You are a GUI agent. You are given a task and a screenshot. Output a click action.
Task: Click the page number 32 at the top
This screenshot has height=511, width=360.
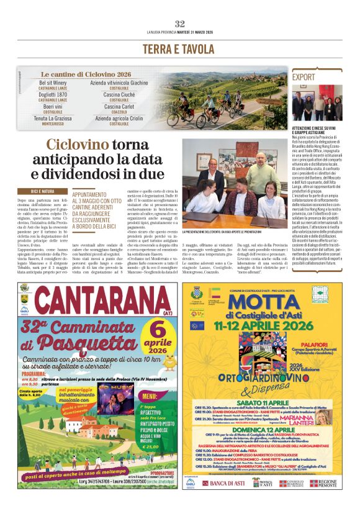coord(180,24)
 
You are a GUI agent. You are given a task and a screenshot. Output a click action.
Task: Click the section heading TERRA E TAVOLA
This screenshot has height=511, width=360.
coord(180,49)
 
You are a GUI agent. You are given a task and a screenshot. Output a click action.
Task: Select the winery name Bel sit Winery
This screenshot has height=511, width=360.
coord(53,83)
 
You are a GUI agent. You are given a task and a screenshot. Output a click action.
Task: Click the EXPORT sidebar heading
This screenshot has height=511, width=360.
coord(304,78)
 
